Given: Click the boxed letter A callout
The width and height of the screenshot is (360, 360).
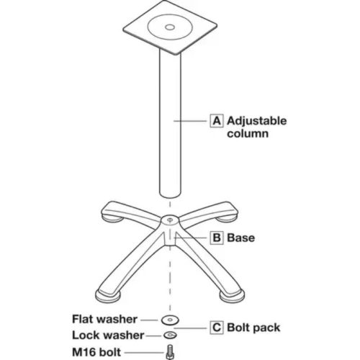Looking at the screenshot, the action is pyautogui.click(x=217, y=121).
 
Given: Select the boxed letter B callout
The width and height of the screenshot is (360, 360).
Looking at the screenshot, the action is pyautogui.click(x=217, y=238).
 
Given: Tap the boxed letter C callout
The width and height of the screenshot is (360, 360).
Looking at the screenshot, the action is pyautogui.click(x=217, y=328).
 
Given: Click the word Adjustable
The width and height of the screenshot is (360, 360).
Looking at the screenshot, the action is pyautogui.click(x=257, y=121).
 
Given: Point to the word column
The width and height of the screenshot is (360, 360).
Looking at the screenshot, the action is pyautogui.click(x=248, y=133).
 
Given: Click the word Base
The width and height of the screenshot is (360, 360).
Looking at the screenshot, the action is pyautogui.click(x=241, y=238).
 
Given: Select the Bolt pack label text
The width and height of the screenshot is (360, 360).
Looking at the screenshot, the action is pyautogui.click(x=253, y=328).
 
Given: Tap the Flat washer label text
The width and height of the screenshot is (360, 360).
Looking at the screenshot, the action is pyautogui.click(x=104, y=319).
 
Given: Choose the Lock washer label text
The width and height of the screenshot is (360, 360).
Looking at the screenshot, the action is pyautogui.click(x=108, y=336).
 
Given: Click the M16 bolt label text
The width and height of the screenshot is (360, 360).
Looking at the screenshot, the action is pyautogui.click(x=96, y=352).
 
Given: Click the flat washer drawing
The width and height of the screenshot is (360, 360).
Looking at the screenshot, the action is pyautogui.click(x=170, y=320).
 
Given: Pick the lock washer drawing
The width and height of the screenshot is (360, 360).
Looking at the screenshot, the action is pyautogui.click(x=170, y=335).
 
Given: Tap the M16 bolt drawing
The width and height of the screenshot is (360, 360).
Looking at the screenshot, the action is pyautogui.click(x=170, y=352).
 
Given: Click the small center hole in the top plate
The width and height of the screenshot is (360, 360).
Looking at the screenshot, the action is pyautogui.click(x=170, y=27).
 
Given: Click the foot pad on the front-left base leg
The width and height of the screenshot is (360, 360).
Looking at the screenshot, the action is pyautogui.click(x=107, y=297).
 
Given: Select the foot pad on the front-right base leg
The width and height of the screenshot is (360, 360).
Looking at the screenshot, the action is pyautogui.click(x=233, y=297).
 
